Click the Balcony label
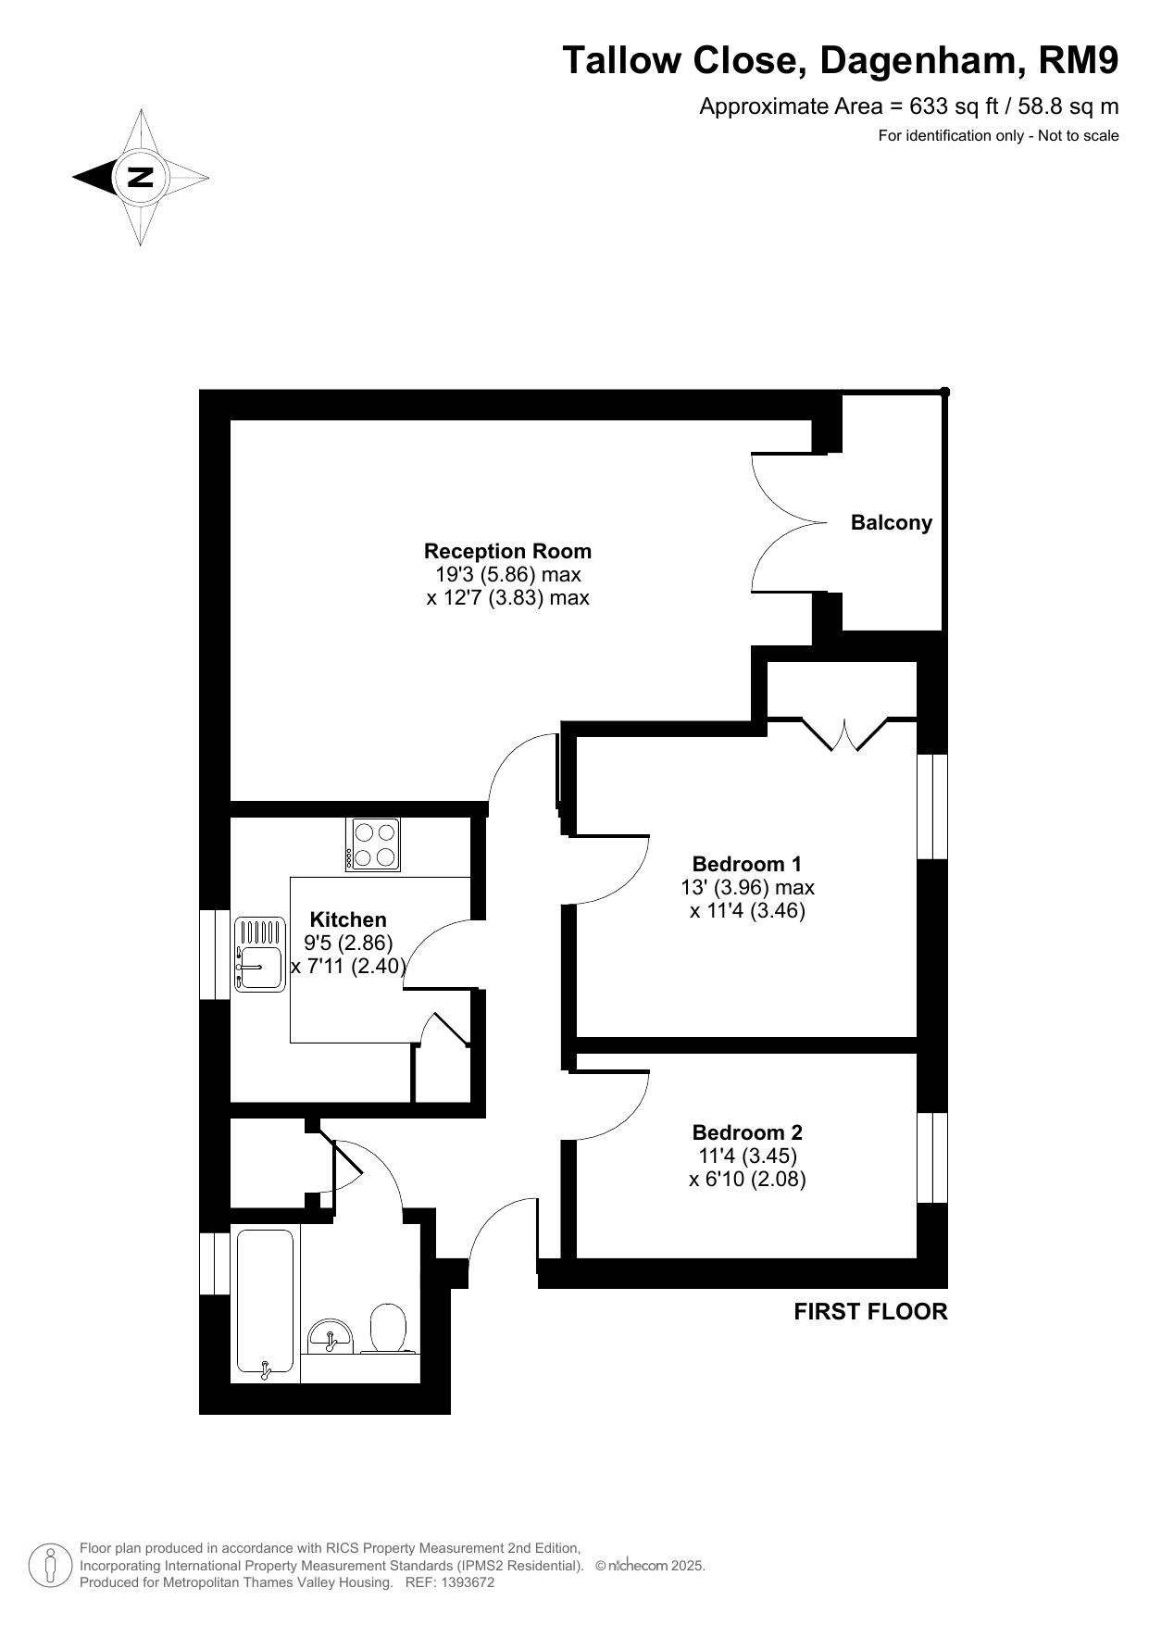891,523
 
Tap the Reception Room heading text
507,551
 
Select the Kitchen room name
348,919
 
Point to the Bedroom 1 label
747,864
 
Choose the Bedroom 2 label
747,1132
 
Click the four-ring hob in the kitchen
373,844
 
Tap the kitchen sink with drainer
259,954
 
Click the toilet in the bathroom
389,1329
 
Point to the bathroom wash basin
330,1334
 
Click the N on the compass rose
140,176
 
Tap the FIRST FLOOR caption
870,1311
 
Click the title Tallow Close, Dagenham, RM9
841,61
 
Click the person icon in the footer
50,1565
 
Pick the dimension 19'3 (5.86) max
508,575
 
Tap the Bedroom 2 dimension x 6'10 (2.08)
747,1180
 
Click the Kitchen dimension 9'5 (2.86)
348,944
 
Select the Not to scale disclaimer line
998,136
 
